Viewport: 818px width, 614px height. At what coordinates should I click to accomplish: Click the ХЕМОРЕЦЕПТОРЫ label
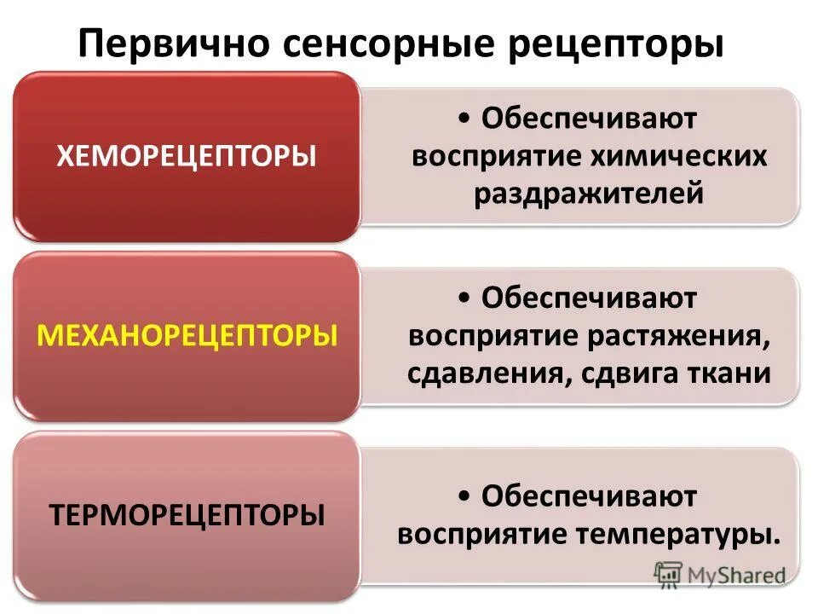(187, 157)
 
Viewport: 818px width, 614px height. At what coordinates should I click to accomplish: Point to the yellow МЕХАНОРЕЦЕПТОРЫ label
(187, 335)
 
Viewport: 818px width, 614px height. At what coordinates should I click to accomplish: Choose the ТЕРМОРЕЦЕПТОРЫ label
(187, 515)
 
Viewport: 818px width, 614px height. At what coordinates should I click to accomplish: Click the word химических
(679, 157)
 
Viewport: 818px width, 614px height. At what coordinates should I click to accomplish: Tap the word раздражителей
(590, 194)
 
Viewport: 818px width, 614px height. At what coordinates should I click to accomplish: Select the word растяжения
(678, 336)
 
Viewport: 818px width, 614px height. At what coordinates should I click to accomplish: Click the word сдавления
(483, 374)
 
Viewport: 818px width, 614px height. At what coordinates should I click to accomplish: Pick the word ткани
(729, 374)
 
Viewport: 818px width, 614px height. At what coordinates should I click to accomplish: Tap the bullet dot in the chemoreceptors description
(463, 119)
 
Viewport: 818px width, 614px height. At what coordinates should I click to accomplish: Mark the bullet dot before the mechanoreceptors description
(463, 298)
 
